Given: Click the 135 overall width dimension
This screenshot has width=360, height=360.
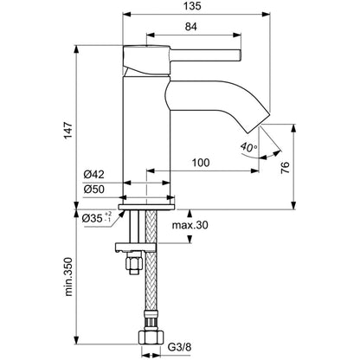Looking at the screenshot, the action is pyautogui.click(x=193, y=6).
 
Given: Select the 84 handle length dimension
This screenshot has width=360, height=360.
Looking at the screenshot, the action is pyautogui.click(x=191, y=27).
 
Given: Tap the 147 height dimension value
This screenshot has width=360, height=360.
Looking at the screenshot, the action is pyautogui.click(x=68, y=130).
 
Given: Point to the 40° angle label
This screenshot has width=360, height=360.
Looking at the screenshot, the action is pyautogui.click(x=248, y=147).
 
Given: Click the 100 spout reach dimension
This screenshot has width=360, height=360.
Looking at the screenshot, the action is pyautogui.click(x=201, y=163).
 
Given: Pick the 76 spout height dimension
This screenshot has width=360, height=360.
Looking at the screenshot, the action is pyautogui.click(x=285, y=167).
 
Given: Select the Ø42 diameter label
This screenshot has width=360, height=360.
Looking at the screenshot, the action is pyautogui.click(x=94, y=174).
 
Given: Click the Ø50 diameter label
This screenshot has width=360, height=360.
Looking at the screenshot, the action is pyautogui.click(x=94, y=190).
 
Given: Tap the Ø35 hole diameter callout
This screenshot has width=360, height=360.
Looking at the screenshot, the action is pyautogui.click(x=97, y=218).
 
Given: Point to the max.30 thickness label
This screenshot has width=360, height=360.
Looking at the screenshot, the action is pyautogui.click(x=190, y=225).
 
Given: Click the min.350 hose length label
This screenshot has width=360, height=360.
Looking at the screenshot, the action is pyautogui.click(x=68, y=277).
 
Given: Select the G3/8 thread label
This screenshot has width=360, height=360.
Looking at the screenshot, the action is pyautogui.click(x=179, y=346).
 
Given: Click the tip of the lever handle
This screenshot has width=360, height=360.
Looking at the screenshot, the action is pyautogui.click(x=240, y=55).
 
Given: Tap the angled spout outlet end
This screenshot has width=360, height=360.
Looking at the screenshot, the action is pyautogui.click(x=259, y=122).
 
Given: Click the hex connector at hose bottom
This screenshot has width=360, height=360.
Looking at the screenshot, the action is pyautogui.click(x=151, y=337).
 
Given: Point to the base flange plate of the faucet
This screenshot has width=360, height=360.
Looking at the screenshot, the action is pyautogui.click(x=146, y=207).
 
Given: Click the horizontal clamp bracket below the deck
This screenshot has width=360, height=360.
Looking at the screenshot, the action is pyautogui.click(x=136, y=247).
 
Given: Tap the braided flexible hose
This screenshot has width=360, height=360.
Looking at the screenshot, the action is pyautogui.click(x=151, y=260).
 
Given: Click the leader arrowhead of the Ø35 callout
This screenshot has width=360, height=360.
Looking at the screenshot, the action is pyautogui.click(x=122, y=214).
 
